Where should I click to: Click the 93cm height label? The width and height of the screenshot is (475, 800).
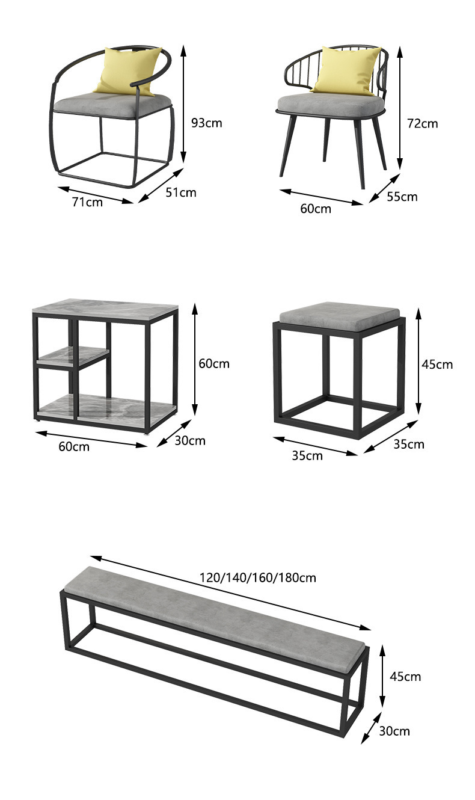click(x=206, y=123)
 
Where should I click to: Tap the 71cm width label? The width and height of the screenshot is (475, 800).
click(x=87, y=202)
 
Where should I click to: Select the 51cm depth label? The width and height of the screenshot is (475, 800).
click(x=181, y=192)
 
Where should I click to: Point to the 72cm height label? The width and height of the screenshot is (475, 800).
click(x=423, y=123)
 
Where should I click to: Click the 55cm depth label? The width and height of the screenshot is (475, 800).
click(x=402, y=197)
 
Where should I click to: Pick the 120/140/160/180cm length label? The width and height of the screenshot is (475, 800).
click(x=258, y=578)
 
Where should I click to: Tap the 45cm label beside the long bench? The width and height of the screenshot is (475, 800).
click(x=405, y=677)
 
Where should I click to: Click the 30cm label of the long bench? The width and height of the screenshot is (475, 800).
click(x=394, y=731)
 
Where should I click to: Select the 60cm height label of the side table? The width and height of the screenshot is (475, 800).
click(x=214, y=363)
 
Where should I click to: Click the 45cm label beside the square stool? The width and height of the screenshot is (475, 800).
click(x=438, y=364)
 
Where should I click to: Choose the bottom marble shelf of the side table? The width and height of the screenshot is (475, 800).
click(x=105, y=407)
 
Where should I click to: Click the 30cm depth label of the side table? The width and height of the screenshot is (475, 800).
click(x=190, y=441)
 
